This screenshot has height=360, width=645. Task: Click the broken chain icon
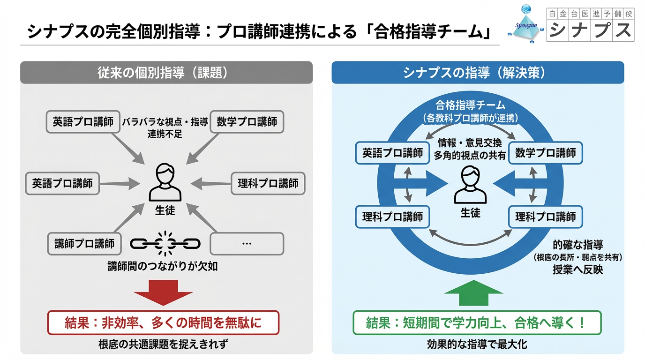165,243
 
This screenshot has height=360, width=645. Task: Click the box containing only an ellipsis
247,243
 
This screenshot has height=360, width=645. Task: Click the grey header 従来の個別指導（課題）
166,73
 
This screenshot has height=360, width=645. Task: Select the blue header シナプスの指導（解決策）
478,73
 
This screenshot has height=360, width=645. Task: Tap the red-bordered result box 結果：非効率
163,323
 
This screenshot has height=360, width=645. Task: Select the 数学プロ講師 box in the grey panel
247,122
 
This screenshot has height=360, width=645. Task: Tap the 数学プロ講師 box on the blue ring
546,153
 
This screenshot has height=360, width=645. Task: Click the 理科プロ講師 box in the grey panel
268,183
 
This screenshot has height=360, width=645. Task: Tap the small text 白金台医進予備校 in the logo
591,14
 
